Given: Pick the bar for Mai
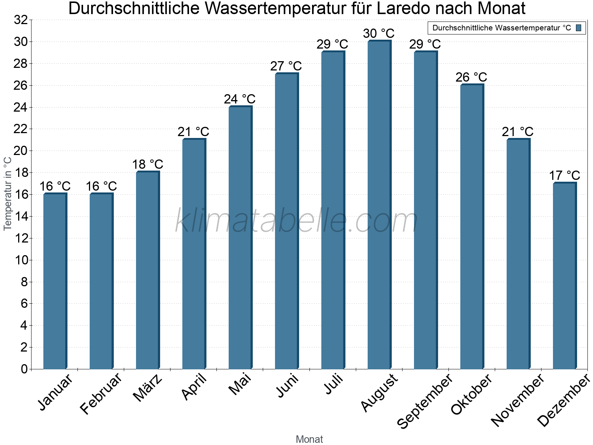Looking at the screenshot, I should coord(240,237).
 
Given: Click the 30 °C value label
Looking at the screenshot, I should coord(378,33).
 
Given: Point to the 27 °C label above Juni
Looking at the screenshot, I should coord(286,66).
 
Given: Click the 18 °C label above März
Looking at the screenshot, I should coord(148,164).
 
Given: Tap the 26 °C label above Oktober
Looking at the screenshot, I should coord(471,77).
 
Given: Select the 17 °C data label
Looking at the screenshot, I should coord(564,175).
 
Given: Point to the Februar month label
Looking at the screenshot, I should coord(101,393).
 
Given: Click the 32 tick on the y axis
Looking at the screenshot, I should coord(21,20).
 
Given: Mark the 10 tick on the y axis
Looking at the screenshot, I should coord(21,260).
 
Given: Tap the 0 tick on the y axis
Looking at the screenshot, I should coord(24,369).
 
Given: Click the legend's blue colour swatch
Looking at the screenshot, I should coord(579,28).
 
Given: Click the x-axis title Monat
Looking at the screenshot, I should coord(309,439).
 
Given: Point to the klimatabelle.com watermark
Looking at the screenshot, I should coord(296,221).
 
